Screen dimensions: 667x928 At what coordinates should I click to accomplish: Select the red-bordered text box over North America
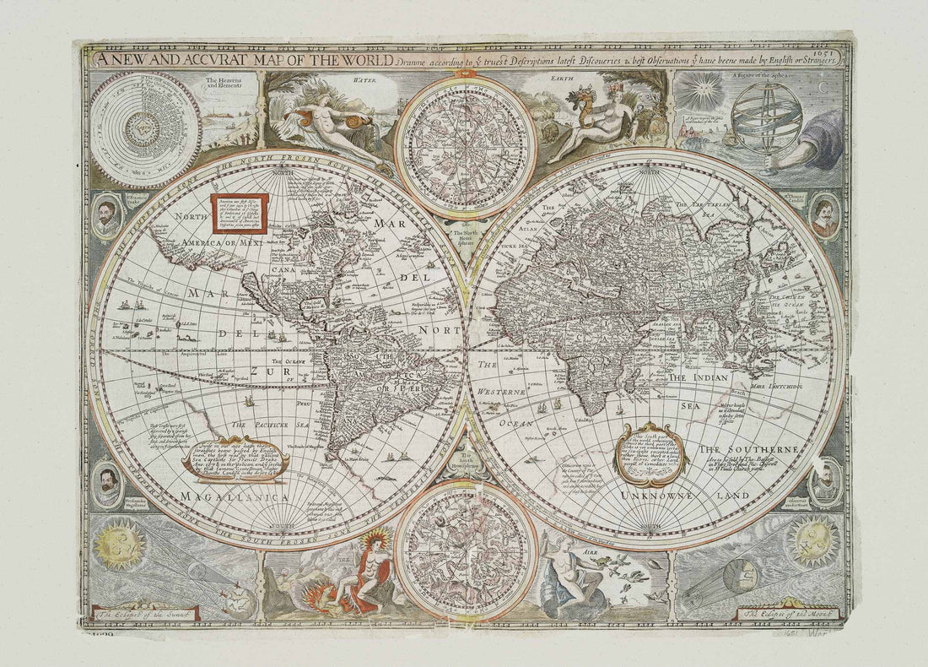point(239,214)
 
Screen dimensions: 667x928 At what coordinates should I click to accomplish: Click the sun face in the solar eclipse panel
point(120,544)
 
